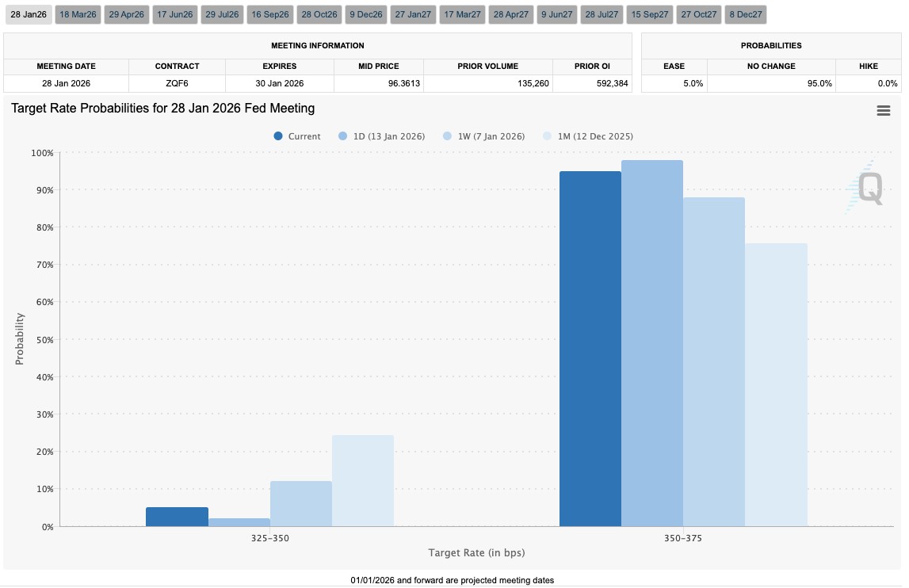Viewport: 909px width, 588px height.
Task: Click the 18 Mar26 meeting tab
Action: (78, 14)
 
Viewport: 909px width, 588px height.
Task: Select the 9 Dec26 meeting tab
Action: (366, 14)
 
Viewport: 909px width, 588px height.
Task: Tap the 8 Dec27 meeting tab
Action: (746, 14)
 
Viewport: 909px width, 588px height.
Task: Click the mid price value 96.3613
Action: (404, 83)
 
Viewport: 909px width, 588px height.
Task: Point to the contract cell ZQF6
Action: (177, 83)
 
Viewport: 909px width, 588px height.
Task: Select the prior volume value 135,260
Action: (533, 83)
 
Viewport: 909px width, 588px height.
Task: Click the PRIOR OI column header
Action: (592, 66)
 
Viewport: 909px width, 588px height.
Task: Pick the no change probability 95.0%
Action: (819, 83)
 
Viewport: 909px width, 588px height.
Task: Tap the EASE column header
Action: (674, 66)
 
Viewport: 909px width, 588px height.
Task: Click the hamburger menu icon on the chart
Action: (883, 111)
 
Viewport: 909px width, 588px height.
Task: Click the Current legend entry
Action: (297, 136)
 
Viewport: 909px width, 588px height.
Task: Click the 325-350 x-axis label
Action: (269, 538)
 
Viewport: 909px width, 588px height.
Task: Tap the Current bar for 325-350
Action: (177, 517)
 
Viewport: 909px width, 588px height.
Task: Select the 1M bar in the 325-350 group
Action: (363, 481)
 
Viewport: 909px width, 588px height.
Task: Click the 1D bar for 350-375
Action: (652, 343)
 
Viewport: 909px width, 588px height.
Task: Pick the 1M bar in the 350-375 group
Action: (776, 385)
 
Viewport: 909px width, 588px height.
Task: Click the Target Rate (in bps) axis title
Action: (476, 552)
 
